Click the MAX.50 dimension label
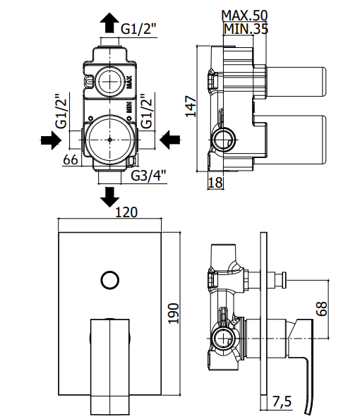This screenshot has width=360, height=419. point(244,16)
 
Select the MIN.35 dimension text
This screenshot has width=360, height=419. point(246,29)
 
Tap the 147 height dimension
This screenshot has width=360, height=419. point(191,107)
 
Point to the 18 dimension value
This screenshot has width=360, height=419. point(215,183)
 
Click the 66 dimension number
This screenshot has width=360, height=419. point(71,160)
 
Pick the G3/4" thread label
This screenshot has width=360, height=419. point(149,176)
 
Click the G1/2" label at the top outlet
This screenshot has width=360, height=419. point(138,29)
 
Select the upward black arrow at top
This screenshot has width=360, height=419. point(109,23)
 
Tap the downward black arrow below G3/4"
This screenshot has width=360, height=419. point(109,197)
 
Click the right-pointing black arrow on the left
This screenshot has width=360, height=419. point(51,140)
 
